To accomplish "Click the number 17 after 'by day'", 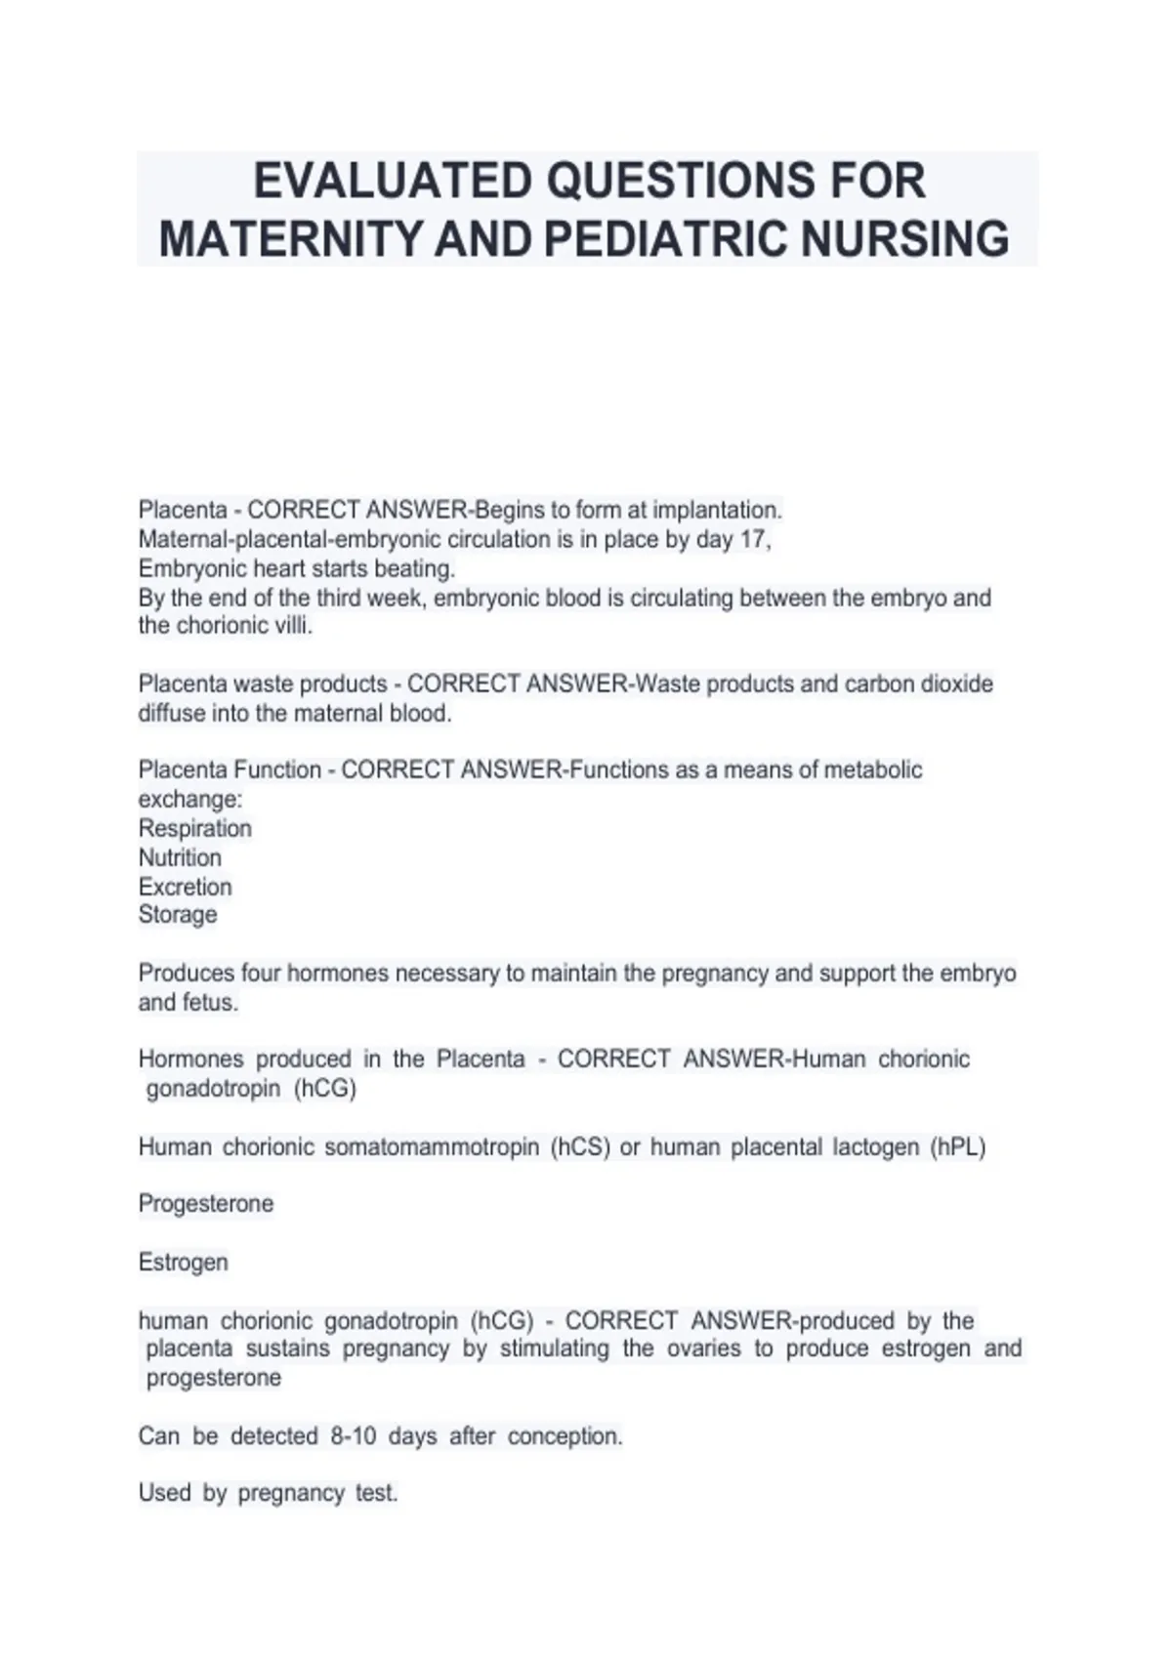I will pyautogui.click(x=753, y=540).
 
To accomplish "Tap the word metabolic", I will pyautogui.click(x=873, y=770).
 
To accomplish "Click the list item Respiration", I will pyautogui.click(x=195, y=829).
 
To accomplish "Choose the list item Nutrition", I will pyautogui.click(x=180, y=858).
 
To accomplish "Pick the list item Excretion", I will pyautogui.click(x=186, y=888).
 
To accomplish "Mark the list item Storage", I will pyautogui.click(x=178, y=915).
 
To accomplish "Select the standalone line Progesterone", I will pyautogui.click(x=206, y=1204).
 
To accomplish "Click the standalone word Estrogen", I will pyautogui.click(x=184, y=1263).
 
